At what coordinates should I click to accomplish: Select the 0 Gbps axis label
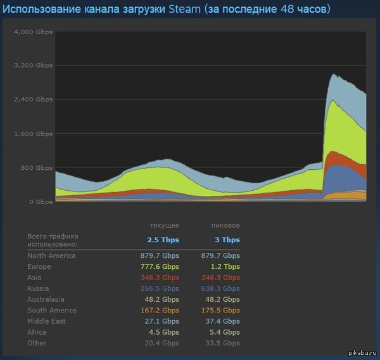point(40,202)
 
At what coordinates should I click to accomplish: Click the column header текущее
point(164,226)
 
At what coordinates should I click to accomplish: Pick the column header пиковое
point(225,226)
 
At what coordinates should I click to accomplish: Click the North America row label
point(51,255)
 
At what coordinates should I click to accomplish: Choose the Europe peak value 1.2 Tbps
point(225,267)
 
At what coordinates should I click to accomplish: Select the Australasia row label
point(46,299)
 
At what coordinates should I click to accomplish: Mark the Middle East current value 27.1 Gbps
point(163,321)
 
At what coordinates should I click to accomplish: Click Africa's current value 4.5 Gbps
point(164,332)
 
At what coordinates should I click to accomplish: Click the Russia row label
point(38,288)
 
